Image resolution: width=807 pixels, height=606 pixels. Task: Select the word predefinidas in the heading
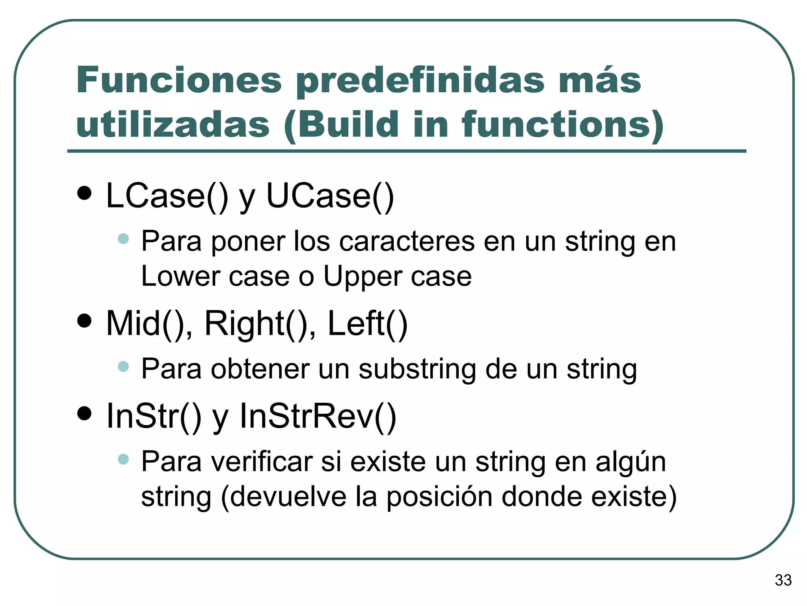click(x=420, y=81)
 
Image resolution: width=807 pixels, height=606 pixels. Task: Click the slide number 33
click(x=783, y=580)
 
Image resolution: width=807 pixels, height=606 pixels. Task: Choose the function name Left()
click(x=367, y=324)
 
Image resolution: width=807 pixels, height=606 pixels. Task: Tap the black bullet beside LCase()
click(x=84, y=193)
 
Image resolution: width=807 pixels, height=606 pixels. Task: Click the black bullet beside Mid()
click(x=84, y=321)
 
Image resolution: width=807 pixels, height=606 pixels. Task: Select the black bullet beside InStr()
click(x=84, y=413)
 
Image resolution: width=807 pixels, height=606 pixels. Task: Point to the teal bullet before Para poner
click(x=123, y=239)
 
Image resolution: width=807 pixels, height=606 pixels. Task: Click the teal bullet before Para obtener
click(x=123, y=367)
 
